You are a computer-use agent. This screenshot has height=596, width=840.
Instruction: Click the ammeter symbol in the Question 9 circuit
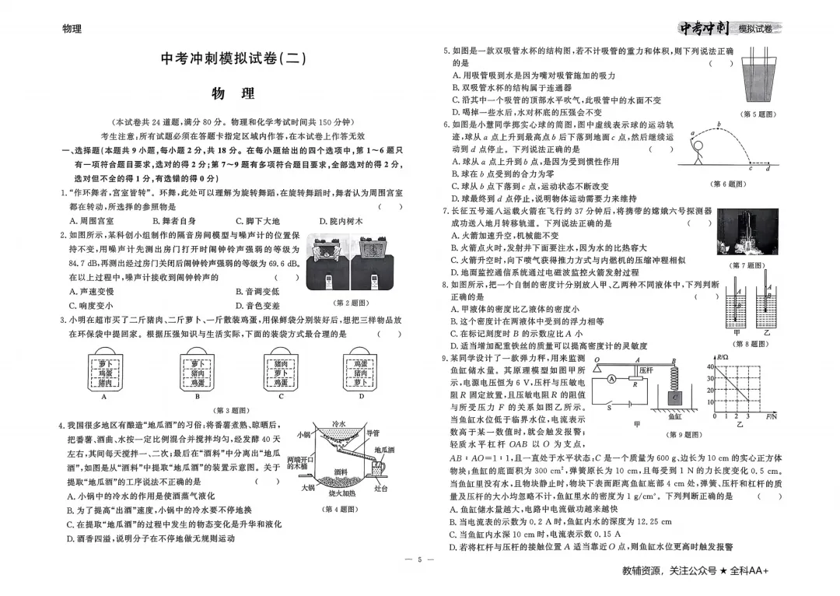click(613, 379)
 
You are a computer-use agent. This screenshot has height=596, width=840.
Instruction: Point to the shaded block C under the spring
click(676, 397)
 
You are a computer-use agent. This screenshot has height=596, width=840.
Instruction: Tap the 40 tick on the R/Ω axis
click(710, 367)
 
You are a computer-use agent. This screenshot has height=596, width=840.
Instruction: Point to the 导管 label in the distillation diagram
click(373, 433)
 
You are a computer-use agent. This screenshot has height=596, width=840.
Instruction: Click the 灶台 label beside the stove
click(381, 489)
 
